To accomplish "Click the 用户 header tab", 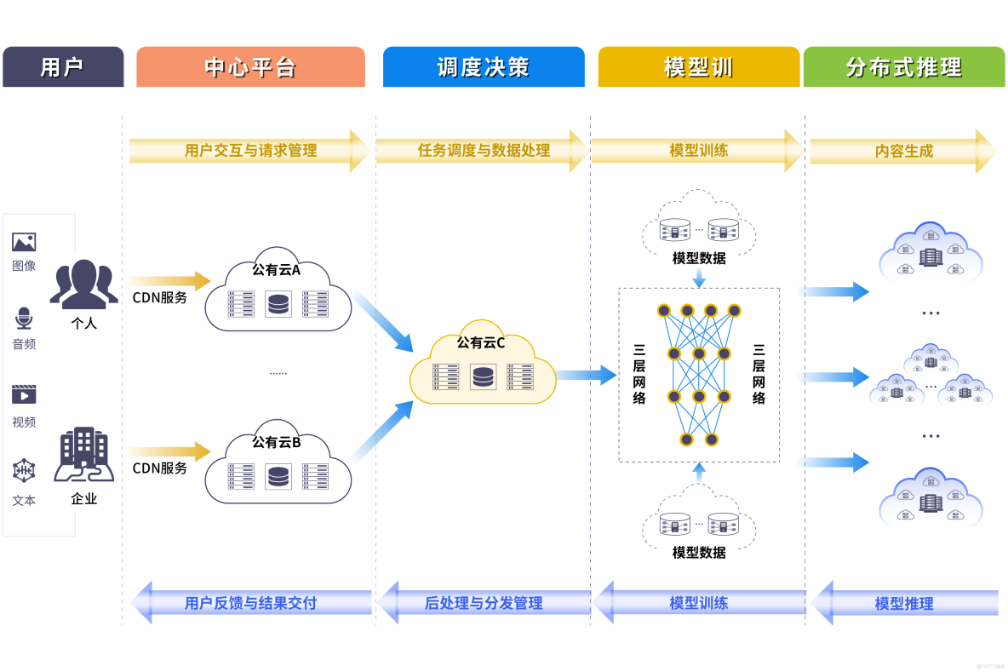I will coord(62,67).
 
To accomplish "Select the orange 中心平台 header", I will coord(250,67).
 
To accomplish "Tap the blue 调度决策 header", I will coord(483,67).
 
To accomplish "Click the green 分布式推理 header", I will coord(903,67).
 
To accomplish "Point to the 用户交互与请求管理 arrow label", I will coord(250,151).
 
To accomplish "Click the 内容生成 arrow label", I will coord(903,152).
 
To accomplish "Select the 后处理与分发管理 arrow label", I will coord(483,603).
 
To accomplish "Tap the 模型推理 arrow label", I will coord(903,604).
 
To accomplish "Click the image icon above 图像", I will coord(24,242).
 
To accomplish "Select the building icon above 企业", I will coord(83,455).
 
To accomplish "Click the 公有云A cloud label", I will coord(276,270).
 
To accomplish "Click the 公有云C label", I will coord(481,343).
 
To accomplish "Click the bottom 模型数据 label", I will coord(699,553).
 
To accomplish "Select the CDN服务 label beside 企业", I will coord(159,468).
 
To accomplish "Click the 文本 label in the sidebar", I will coord(24,501).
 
